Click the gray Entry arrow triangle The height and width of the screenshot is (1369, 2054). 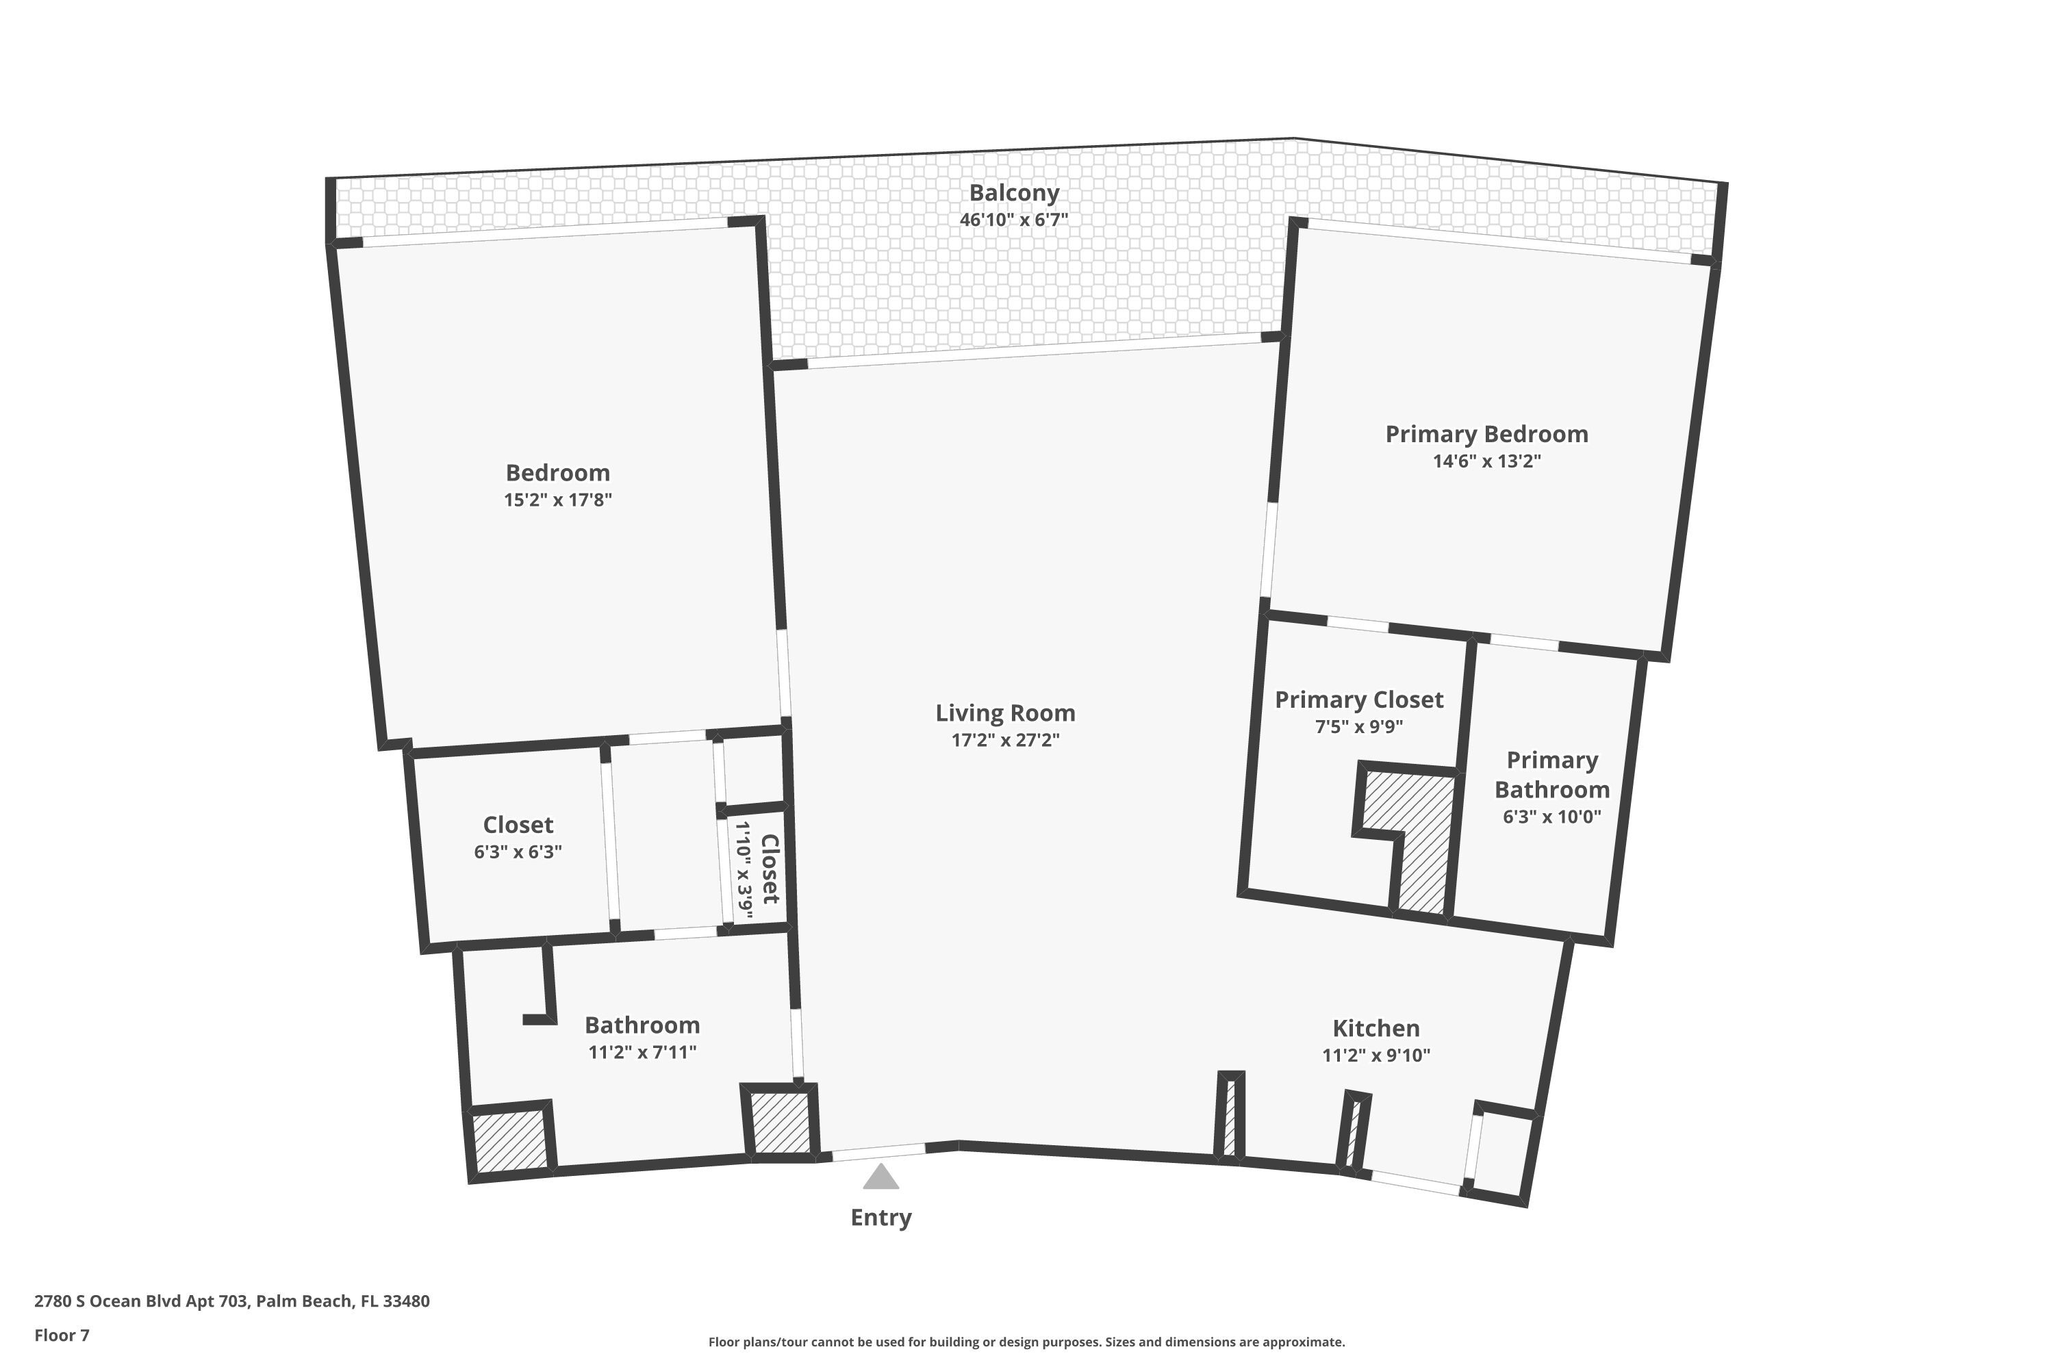pyautogui.click(x=880, y=1178)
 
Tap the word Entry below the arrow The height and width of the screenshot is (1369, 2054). pyautogui.click(x=880, y=1217)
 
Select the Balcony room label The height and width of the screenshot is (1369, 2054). pyautogui.click(x=1014, y=193)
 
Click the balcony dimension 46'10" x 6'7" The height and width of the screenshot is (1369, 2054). pyautogui.click(x=1014, y=220)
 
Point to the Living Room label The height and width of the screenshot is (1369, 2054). pyautogui.click(x=1005, y=713)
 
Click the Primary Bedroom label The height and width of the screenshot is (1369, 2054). pyautogui.click(x=1486, y=434)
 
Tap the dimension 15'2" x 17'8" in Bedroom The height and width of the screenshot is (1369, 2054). pyautogui.click(x=557, y=500)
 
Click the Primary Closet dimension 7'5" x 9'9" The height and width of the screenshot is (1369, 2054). pyautogui.click(x=1359, y=726)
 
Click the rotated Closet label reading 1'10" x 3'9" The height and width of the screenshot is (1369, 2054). pyautogui.click(x=757, y=869)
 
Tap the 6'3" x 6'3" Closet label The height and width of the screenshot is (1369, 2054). pyautogui.click(x=518, y=852)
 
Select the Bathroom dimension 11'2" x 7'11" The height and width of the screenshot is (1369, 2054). pyautogui.click(x=642, y=1052)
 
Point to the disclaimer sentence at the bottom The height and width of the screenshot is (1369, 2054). pyautogui.click(x=1026, y=1342)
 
